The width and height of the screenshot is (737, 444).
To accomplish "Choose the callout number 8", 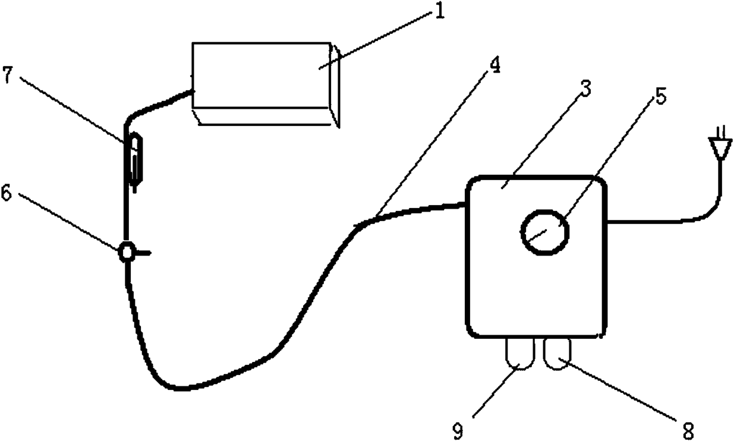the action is pyautogui.click(x=688, y=429).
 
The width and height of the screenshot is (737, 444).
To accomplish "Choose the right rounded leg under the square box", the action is pyautogui.click(x=558, y=354).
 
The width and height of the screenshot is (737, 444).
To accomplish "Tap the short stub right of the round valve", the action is pyautogui.click(x=144, y=253).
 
